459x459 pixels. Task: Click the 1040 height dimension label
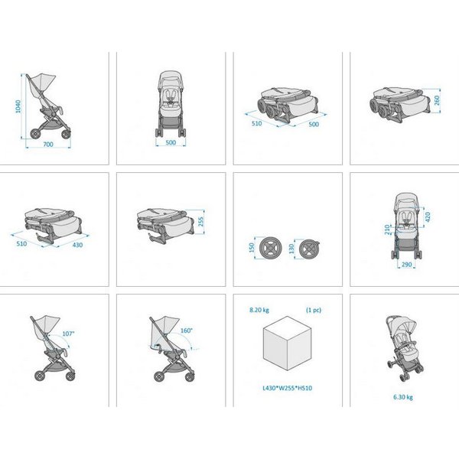[18, 106]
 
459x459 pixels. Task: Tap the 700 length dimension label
[48, 145]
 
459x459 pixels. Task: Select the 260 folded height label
[437, 100]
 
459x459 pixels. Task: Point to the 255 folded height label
[200, 222]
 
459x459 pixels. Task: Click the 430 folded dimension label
[77, 245]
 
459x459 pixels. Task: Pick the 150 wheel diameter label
[252, 248]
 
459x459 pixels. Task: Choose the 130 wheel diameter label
[291, 249]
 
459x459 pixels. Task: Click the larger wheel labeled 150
[271, 248]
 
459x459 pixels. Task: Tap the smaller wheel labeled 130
[309, 249]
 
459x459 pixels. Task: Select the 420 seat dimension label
[428, 217]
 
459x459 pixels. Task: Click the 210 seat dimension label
[387, 229]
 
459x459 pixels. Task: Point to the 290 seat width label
[407, 265]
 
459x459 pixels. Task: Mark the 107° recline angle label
[69, 334]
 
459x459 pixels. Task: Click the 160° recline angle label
[187, 330]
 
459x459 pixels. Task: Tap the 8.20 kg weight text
[259, 310]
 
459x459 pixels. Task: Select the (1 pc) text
[314, 310]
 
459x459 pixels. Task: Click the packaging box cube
[287, 343]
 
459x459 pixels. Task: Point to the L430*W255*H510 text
[288, 388]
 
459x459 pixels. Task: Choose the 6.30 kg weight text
[403, 397]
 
